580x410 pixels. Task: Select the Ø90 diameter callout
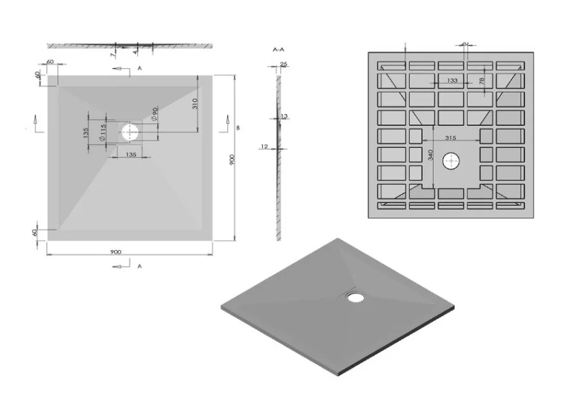155,114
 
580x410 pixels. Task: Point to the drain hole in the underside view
452,162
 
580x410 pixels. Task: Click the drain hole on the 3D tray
355,296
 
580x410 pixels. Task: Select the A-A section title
278,51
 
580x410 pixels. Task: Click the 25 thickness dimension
284,65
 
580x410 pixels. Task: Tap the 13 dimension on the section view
284,116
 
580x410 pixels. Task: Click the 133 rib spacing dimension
452,81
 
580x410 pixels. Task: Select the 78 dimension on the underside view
482,81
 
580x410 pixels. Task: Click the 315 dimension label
450,138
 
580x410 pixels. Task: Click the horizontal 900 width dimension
115,251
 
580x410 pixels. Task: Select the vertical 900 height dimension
232,159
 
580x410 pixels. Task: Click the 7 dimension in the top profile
113,53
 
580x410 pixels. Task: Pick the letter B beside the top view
238,127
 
